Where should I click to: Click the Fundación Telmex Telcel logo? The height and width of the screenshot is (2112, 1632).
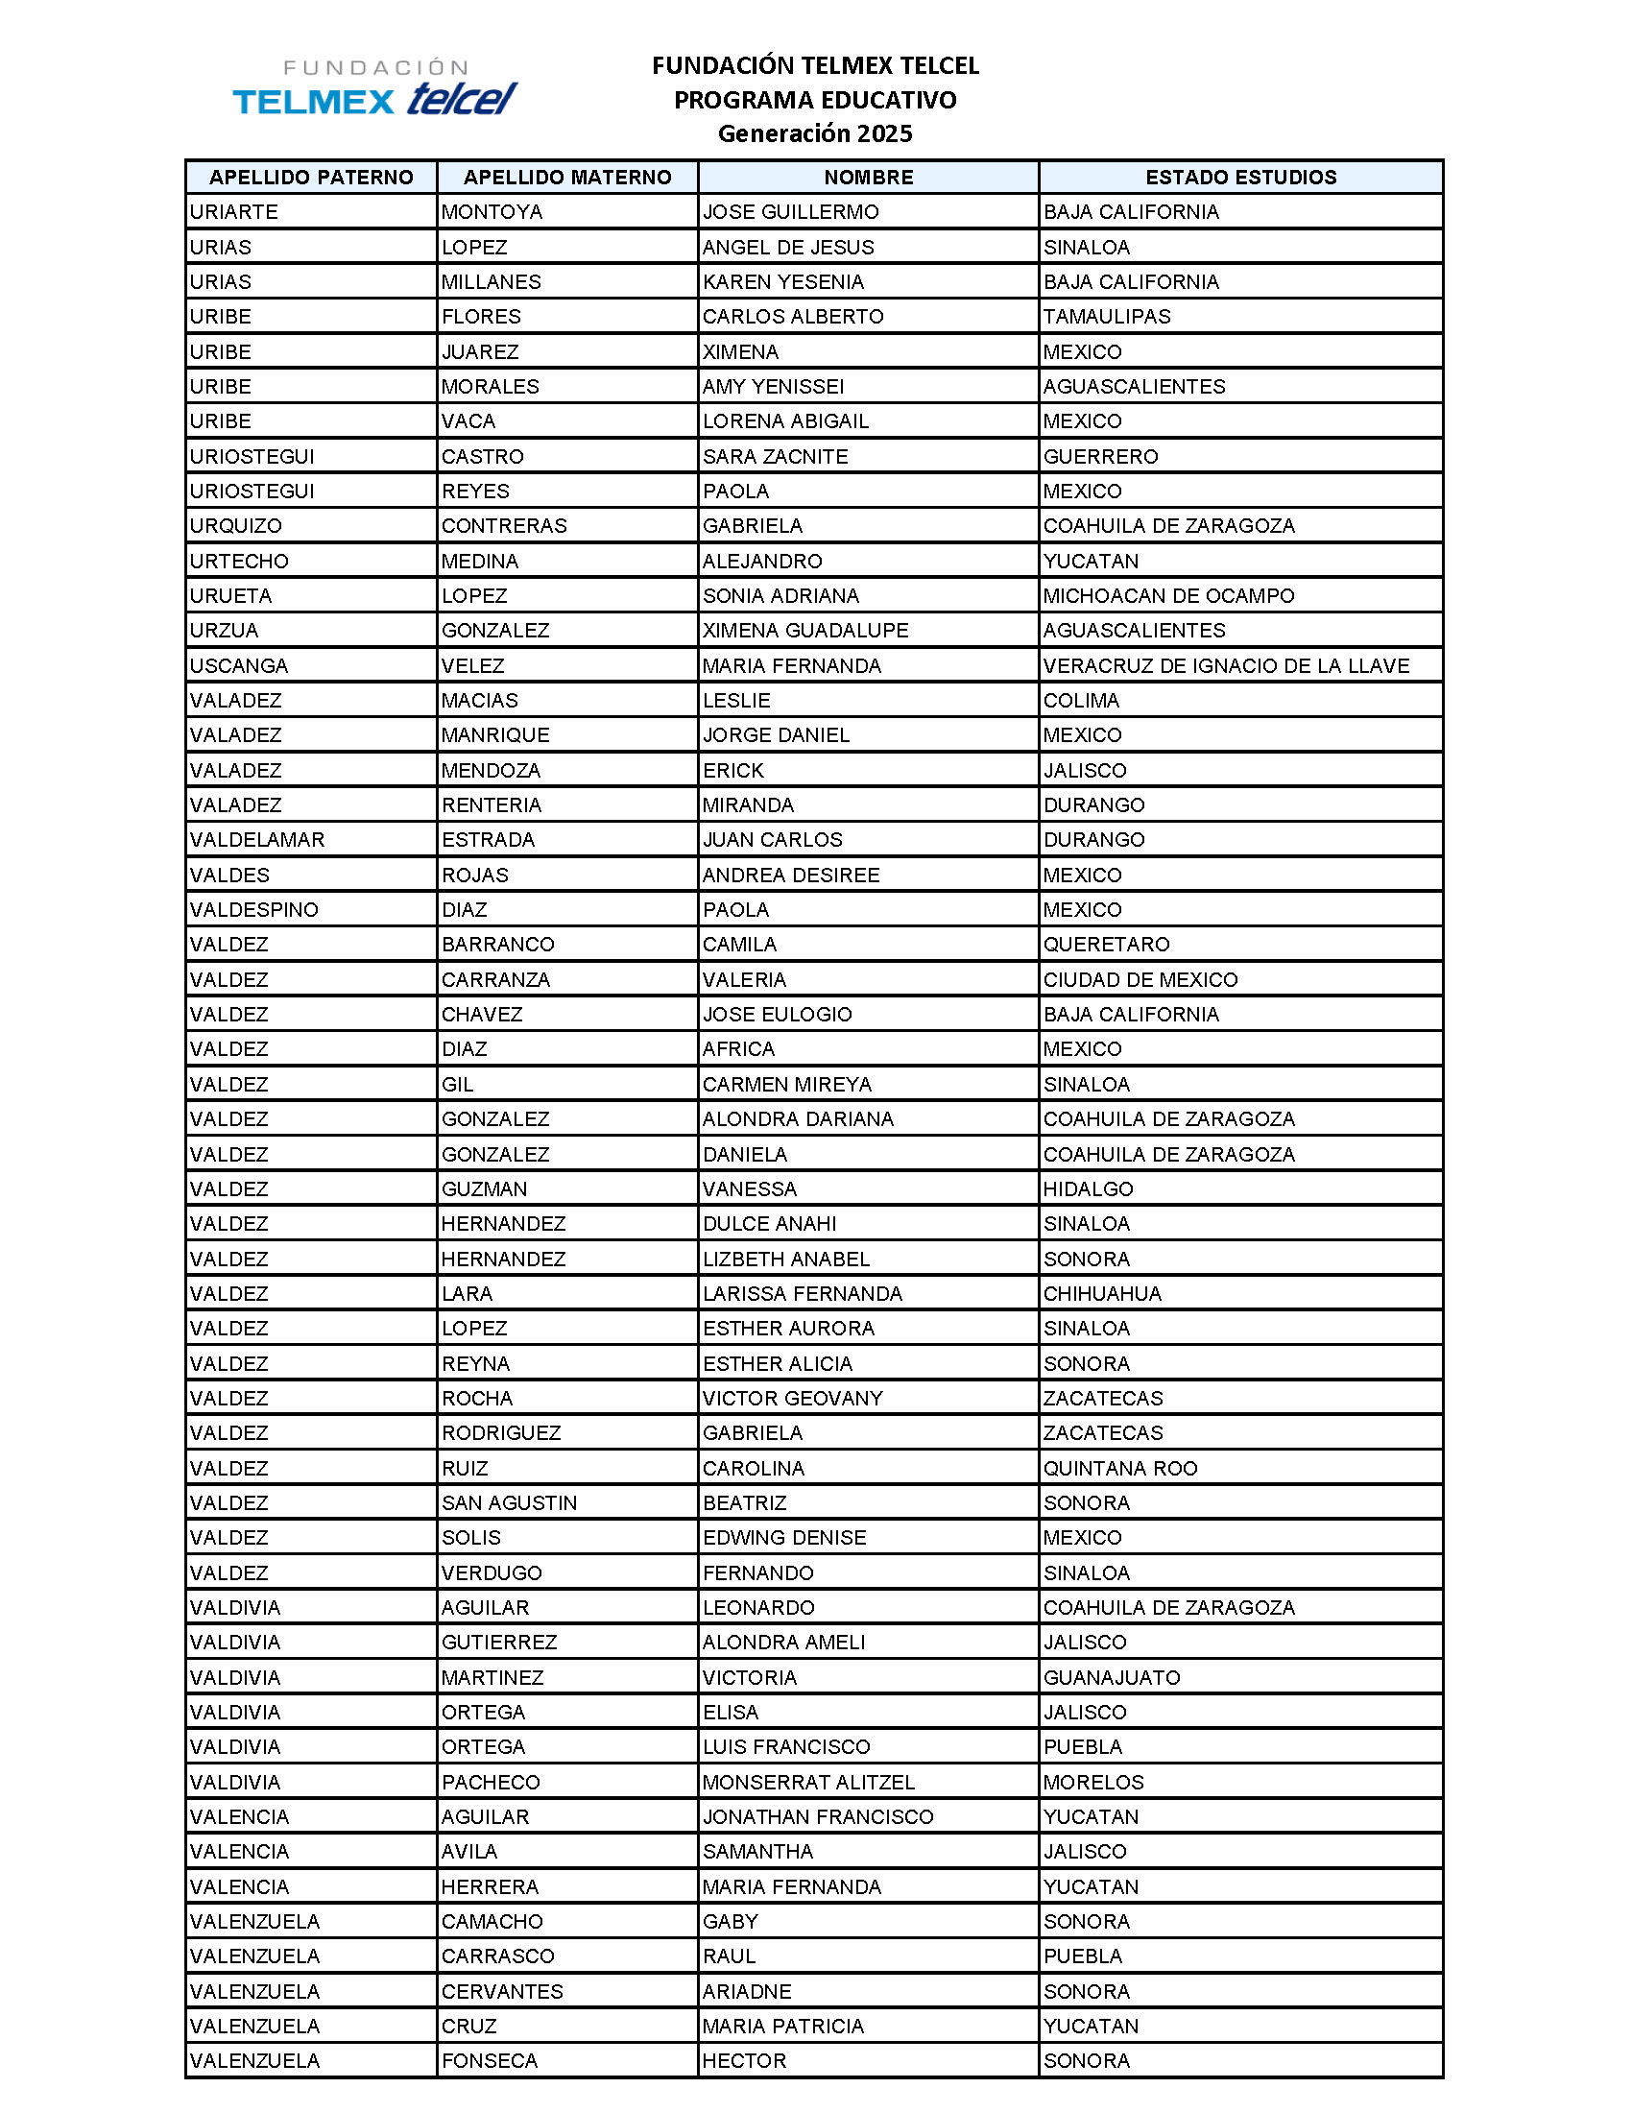[x=375, y=88]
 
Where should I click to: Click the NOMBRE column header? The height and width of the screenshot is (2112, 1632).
[x=868, y=177]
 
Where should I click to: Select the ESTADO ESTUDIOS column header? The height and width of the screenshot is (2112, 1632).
[x=1240, y=177]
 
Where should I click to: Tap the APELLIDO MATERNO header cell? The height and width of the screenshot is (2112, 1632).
[x=567, y=177]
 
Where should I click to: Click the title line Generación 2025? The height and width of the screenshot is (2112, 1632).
[x=815, y=133]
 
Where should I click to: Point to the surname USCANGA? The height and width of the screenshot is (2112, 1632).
[x=239, y=665]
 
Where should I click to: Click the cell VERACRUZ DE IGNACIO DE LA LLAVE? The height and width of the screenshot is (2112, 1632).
[x=1226, y=665]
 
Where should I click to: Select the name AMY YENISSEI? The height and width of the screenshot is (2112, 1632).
[x=774, y=387]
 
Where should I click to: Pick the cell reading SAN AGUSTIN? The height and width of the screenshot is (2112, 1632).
[x=510, y=1502]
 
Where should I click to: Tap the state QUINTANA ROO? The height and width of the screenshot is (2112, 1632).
[x=1120, y=1468]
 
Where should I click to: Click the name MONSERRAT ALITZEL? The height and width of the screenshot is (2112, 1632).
[x=808, y=1783]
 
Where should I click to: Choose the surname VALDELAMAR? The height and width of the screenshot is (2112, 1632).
[x=257, y=839]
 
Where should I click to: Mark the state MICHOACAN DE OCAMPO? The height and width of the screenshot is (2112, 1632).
[x=1169, y=596]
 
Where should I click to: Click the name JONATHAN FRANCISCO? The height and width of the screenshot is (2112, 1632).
[x=818, y=1817]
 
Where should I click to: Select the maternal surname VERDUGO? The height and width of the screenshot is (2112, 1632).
[x=492, y=1572]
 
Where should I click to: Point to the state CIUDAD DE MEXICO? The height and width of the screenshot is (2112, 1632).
[x=1140, y=979]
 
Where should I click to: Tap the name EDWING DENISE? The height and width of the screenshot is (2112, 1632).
[x=785, y=1538]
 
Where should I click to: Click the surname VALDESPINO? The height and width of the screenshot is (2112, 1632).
[x=254, y=910]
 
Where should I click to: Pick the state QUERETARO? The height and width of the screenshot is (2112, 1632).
[x=1107, y=945]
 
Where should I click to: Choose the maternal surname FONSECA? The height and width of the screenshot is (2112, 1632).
[x=490, y=2061]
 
